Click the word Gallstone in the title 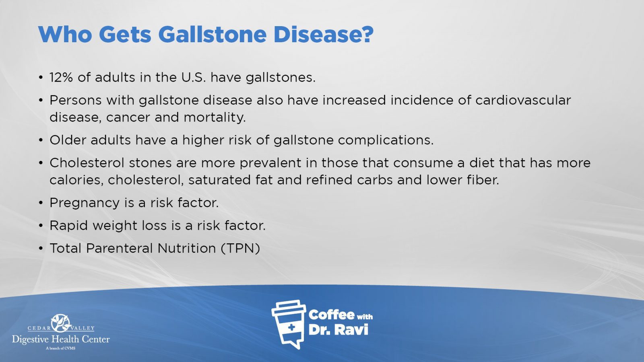pos(213,35)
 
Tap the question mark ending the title pos(366,34)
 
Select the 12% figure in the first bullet pos(61,78)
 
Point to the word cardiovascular pos(523,100)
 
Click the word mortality pos(215,117)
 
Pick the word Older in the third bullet pos(68,140)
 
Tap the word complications pos(386,140)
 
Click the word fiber pos(483,180)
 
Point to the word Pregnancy pos(85,203)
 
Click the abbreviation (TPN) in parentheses pos(240,248)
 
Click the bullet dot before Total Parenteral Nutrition pos(41,249)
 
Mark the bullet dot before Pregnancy pos(41,203)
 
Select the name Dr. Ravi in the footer pos(338,330)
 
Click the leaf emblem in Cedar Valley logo pos(61,323)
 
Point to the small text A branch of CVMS pos(61,348)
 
